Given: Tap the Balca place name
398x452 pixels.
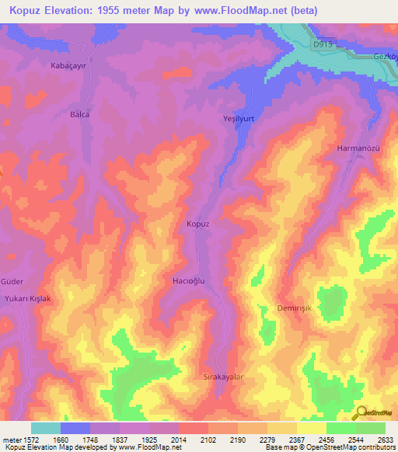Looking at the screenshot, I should [80, 114].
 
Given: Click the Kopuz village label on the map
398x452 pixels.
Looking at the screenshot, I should [198, 224].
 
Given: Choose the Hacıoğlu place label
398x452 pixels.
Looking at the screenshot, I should [188, 280].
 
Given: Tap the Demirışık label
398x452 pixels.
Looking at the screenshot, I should [294, 308].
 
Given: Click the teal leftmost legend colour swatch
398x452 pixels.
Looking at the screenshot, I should [46, 428].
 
